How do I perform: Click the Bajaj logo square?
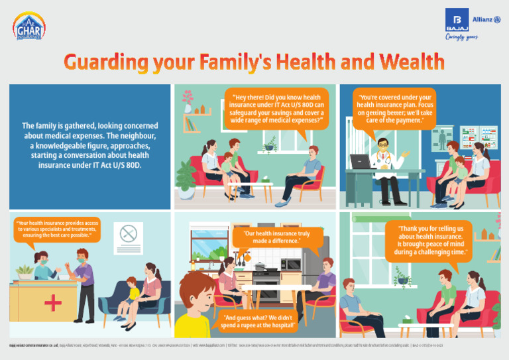(x=457, y=19)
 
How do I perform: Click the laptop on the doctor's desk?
(x=360, y=162)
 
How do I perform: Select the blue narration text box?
(x=85, y=147)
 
